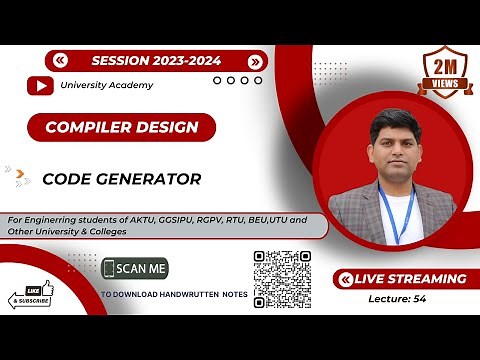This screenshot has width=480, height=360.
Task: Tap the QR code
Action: pyautogui.click(x=283, y=279)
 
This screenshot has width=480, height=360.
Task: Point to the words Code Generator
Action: pyautogui.click(x=121, y=179)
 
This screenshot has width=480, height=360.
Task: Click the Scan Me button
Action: pyautogui.click(x=135, y=269)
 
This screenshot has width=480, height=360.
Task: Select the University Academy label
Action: pyautogui.click(x=106, y=85)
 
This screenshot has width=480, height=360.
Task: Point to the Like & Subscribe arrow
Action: pyautogui.click(x=30, y=298)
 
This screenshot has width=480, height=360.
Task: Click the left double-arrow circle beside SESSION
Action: pyautogui.click(x=62, y=61)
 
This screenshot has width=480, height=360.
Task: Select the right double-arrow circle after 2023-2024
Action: pyautogui.click(x=255, y=61)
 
